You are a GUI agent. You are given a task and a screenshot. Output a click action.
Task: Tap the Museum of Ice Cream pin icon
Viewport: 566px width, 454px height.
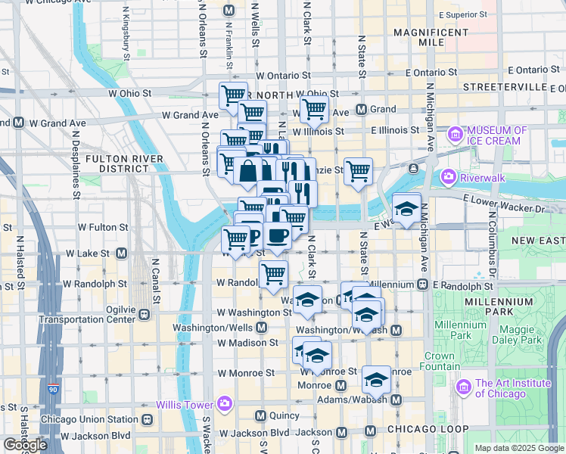tap(456, 135)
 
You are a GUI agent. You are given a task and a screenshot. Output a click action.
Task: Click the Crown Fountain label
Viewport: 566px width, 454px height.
tap(440, 361)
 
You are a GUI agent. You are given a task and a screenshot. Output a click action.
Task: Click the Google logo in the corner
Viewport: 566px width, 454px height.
tap(25, 445)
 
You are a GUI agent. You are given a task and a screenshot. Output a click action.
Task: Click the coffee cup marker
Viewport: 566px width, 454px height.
tap(278, 236)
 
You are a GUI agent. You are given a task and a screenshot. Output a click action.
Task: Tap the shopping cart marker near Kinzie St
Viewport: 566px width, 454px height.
tap(358, 170)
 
